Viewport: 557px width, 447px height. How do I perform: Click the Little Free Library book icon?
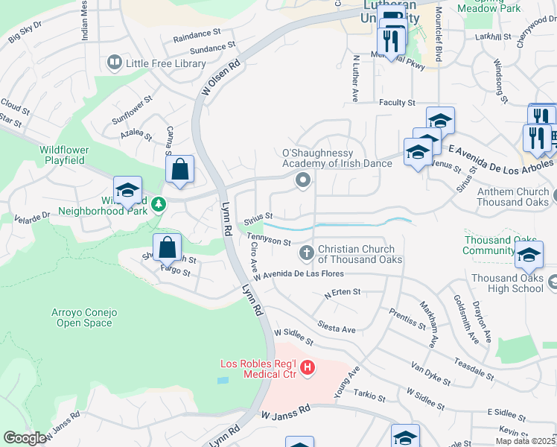115,63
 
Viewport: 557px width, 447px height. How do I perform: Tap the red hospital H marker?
307,368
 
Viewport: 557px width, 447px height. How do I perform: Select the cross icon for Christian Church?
306,254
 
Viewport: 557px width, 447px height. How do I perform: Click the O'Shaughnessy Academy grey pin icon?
302,180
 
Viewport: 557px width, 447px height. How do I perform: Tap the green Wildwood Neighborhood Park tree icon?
157,203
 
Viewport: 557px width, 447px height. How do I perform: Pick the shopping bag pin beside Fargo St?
168,247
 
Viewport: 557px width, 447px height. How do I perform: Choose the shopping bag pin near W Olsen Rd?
179,168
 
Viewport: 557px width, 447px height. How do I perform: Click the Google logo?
24,438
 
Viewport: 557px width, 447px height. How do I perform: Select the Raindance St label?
197,34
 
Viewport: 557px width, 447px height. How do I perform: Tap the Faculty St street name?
396,102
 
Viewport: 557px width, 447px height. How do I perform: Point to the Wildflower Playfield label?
63,155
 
